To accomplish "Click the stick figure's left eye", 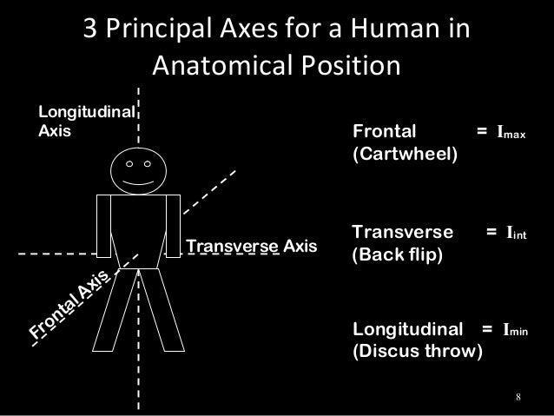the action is click(x=129, y=163).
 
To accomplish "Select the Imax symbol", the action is click(x=511, y=134).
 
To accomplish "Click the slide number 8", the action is click(x=518, y=399).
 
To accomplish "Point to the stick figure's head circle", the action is click(x=139, y=171).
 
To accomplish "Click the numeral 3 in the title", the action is click(x=89, y=31).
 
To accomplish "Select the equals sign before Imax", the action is click(x=480, y=133).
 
